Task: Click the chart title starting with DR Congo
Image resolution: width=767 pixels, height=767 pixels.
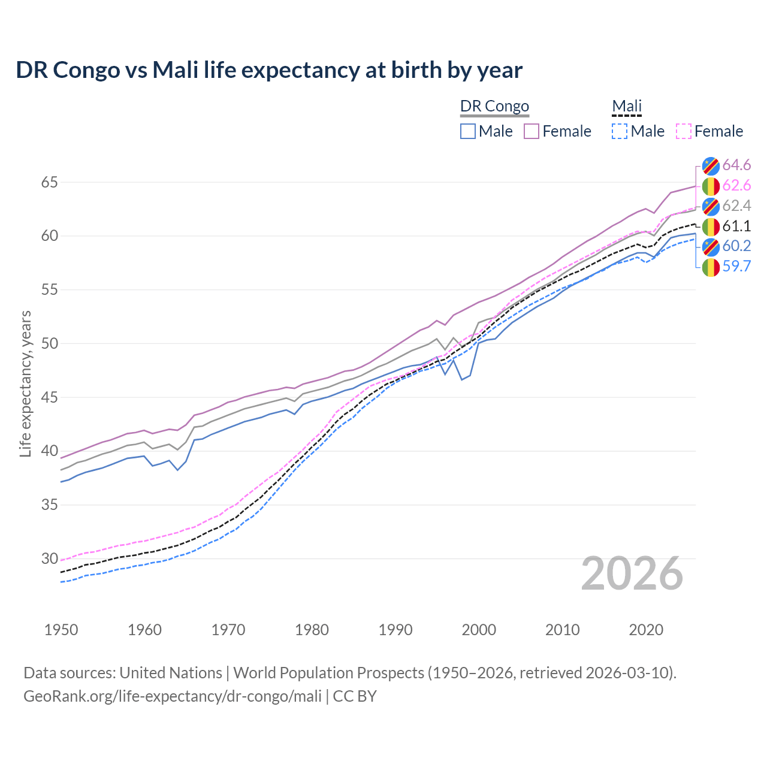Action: pyautogui.click(x=269, y=70)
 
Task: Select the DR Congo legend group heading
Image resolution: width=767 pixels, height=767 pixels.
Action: pyautogui.click(x=494, y=106)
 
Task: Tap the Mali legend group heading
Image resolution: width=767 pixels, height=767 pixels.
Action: pyautogui.click(x=627, y=106)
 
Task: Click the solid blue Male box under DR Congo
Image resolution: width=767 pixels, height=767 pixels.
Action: pyautogui.click(x=468, y=131)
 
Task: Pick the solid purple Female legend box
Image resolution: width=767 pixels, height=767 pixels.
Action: pyautogui.click(x=532, y=131)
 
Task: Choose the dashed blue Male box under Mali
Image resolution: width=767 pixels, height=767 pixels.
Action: pyautogui.click(x=620, y=131)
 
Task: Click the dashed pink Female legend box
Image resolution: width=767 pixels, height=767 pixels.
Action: pyautogui.click(x=684, y=131)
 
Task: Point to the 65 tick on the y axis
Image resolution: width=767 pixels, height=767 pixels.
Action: pyautogui.click(x=49, y=182)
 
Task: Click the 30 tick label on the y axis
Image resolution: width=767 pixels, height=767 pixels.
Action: pyautogui.click(x=49, y=559)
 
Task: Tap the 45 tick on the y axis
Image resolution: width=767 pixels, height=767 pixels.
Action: pyautogui.click(x=49, y=397)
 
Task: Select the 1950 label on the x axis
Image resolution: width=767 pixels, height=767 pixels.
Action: pyautogui.click(x=61, y=630)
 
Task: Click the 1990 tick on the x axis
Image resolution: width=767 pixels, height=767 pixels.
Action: pyautogui.click(x=395, y=630)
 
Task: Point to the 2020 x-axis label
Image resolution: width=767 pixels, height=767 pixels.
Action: pyautogui.click(x=646, y=630)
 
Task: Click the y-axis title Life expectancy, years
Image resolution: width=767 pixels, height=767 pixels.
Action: pyautogui.click(x=26, y=383)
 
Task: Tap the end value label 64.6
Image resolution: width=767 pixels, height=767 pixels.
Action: pyautogui.click(x=736, y=165)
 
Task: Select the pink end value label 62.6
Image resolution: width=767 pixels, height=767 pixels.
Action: pyautogui.click(x=736, y=186)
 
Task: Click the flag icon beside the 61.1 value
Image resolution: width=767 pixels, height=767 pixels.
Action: pyautogui.click(x=711, y=227)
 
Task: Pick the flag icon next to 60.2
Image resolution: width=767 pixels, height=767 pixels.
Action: pyautogui.click(x=711, y=246)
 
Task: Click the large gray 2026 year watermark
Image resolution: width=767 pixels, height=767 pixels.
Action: pyautogui.click(x=632, y=573)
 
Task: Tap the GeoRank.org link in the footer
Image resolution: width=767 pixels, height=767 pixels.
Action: pyautogui.click(x=173, y=696)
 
